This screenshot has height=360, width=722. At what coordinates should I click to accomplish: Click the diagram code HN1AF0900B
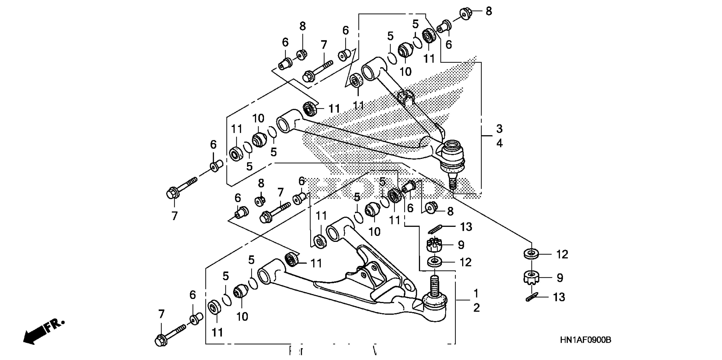point(585,340)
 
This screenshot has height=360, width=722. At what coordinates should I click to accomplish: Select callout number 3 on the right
point(499,129)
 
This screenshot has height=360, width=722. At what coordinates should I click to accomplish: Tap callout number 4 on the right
point(499,143)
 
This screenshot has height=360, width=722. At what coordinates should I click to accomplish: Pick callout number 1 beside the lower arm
point(476,293)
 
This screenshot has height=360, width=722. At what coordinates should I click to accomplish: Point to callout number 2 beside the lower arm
point(476,308)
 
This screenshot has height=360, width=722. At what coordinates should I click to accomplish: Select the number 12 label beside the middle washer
point(465,262)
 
